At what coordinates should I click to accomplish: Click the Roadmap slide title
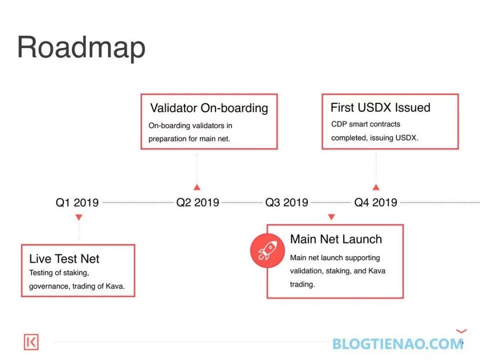pyautogui.click(x=81, y=47)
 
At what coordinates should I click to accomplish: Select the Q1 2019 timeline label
pyautogui.click(x=77, y=202)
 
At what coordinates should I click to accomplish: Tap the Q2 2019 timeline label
pyautogui.click(x=198, y=202)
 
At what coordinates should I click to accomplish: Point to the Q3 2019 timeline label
pyautogui.click(x=286, y=202)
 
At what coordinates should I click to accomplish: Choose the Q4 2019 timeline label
pyautogui.click(x=375, y=202)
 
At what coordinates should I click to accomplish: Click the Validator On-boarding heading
pyautogui.click(x=209, y=108)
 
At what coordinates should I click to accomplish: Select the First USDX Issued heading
pyautogui.click(x=380, y=107)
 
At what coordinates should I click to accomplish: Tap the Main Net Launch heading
pyautogui.click(x=336, y=239)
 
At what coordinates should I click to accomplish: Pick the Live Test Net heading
pyautogui.click(x=64, y=259)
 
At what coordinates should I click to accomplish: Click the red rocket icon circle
pyautogui.click(x=267, y=250)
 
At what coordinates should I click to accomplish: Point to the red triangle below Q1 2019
pyautogui.click(x=78, y=217)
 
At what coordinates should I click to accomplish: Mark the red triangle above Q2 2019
pyautogui.click(x=197, y=187)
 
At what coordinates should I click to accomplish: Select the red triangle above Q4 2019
pyautogui.click(x=376, y=187)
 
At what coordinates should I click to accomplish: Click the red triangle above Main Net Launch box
pyautogui.click(x=331, y=217)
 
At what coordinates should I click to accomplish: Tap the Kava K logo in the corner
pyautogui.click(x=31, y=342)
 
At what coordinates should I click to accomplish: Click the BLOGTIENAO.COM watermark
pyautogui.click(x=397, y=344)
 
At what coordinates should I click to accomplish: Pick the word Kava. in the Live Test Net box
pyautogui.click(x=115, y=286)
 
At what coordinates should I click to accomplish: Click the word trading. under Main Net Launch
pyautogui.click(x=302, y=284)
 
